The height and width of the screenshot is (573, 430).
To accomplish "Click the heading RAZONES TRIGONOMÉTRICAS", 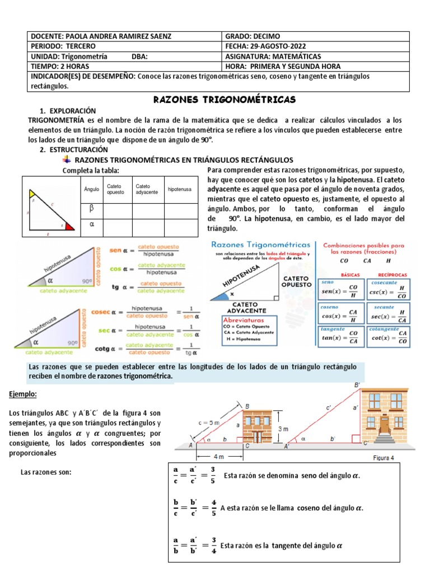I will click(224, 100).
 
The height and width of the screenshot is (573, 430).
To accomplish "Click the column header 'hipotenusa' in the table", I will click(179, 189).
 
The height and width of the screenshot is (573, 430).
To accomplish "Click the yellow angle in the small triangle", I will click(32, 194).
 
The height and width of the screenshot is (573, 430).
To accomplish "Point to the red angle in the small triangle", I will click(69, 227).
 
